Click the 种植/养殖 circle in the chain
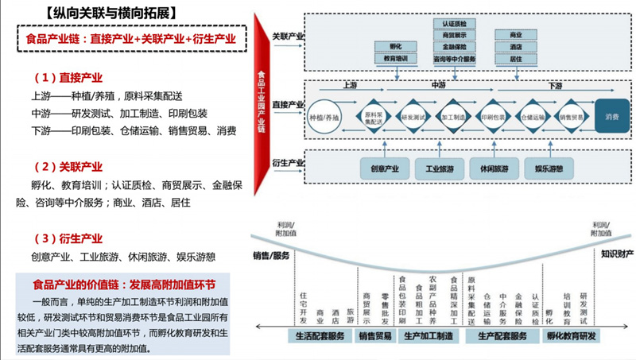tap(324, 117)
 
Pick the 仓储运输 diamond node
tap(533, 117)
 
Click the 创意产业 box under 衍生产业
tap(385, 169)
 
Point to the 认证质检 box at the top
tap(455, 24)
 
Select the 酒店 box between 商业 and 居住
tap(515, 47)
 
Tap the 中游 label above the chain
tap(437, 84)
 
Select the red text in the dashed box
tap(130, 39)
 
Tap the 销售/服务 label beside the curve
tap(271, 255)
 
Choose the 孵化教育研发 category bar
tap(571, 336)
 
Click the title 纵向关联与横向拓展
tap(112, 12)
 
